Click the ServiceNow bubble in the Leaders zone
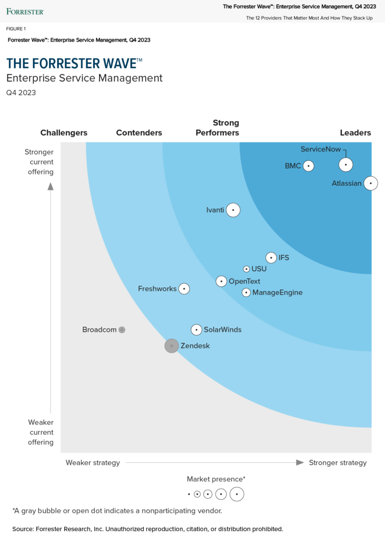coord(346,164)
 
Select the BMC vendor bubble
coord(308,166)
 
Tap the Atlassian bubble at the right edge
coord(370,183)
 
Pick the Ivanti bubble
coord(233,210)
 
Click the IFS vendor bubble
coord(271,258)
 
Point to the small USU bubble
coord(246,269)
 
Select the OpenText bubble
coord(221,282)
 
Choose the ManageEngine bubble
coord(246,293)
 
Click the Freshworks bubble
coord(184,288)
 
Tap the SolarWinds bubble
coord(196,329)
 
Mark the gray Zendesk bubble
coord(171,346)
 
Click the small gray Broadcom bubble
coord(122,329)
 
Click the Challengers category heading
coord(64,133)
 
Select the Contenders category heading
coord(139,133)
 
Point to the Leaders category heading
coord(355,133)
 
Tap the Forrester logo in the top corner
coord(25,11)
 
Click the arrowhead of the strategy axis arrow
coord(300,462)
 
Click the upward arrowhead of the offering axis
coord(51,186)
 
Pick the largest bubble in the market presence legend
coord(237,494)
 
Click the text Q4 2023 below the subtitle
coord(21,93)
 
